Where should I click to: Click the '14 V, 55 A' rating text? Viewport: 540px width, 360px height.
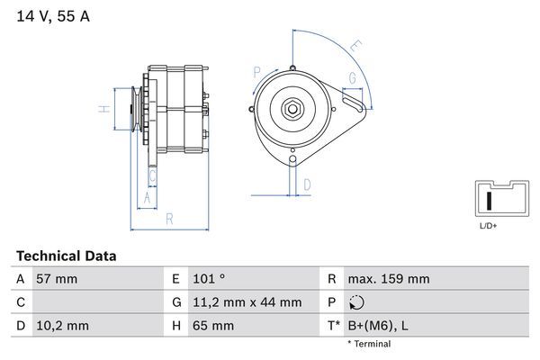[53, 16]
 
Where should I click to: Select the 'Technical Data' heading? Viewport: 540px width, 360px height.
[66, 256]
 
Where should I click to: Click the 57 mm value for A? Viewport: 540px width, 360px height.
[57, 279]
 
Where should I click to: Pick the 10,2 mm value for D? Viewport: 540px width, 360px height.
[61, 325]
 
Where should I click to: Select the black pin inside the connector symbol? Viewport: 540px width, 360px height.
[488, 200]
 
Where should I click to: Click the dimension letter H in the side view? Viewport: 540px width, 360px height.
[103, 110]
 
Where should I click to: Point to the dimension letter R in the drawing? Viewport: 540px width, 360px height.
[169, 218]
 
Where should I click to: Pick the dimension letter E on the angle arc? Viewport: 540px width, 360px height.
[355, 45]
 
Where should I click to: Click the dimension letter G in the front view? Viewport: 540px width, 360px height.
[352, 78]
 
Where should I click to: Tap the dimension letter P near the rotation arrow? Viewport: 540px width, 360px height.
[257, 71]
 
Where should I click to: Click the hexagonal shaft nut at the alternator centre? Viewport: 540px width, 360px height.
[293, 110]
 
